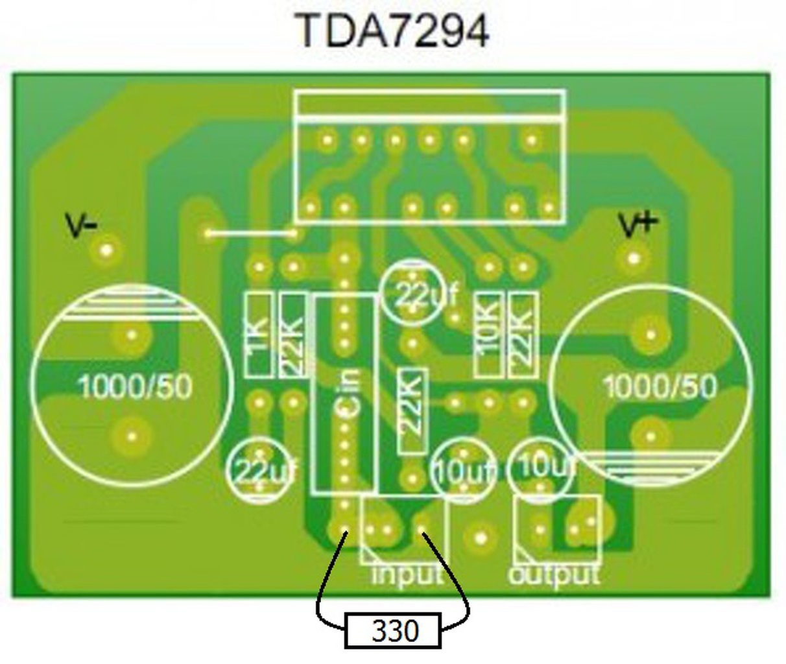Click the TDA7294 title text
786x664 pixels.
tap(392, 31)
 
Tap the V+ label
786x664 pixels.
tap(638, 224)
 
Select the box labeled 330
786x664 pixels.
tap(393, 630)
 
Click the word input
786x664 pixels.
tap(407, 575)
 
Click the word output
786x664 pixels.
tap(554, 575)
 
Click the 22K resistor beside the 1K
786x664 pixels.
tap(293, 335)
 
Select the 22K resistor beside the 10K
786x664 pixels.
tap(522, 335)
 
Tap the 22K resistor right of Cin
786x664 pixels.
tap(411, 411)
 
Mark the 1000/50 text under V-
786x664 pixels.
tap(135, 387)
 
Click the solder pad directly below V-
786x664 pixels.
tap(107, 250)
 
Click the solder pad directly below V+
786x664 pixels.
tap(634, 259)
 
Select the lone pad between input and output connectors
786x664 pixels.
tap(481, 538)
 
